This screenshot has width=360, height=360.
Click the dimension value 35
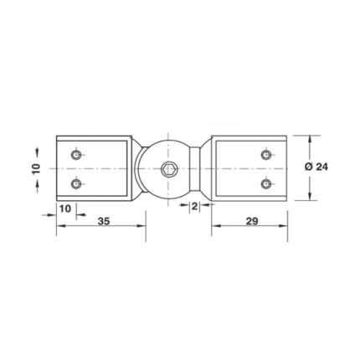click(x=104, y=221)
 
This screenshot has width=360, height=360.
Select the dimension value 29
click(x=252, y=221)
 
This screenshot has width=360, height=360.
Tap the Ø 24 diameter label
click(x=316, y=167)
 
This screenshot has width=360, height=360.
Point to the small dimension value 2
click(x=195, y=207)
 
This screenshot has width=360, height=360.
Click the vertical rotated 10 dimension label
click(x=37, y=168)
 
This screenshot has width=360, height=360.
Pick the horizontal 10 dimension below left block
click(x=65, y=208)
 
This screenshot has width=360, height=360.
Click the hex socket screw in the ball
click(x=167, y=168)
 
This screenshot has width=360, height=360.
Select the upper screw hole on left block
click(x=76, y=154)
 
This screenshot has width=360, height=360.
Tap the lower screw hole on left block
click(x=76, y=183)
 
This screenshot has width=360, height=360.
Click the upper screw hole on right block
click(x=266, y=154)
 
